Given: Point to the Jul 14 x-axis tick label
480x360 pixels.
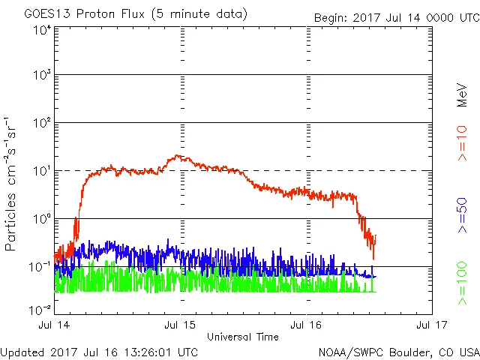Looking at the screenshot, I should point(55,325).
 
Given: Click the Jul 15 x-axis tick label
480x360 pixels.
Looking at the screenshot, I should point(180,325).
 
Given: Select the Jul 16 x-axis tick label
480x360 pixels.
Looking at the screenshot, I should point(306,325).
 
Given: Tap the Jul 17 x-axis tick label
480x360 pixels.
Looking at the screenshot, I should point(431,325).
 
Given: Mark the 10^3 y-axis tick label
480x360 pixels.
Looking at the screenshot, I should point(41,76).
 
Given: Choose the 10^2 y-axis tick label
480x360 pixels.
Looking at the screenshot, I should point(41,124).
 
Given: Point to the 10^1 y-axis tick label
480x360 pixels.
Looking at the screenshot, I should point(41,172).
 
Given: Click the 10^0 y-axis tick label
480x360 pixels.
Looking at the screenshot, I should point(41,220).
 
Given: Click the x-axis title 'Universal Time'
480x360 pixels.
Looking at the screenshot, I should point(242,337).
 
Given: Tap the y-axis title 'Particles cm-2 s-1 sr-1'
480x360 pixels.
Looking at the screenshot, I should point(13,184).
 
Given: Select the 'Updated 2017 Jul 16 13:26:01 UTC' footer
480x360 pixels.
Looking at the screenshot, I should point(100,351).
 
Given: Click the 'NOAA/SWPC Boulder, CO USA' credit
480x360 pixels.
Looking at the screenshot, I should point(398,351).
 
